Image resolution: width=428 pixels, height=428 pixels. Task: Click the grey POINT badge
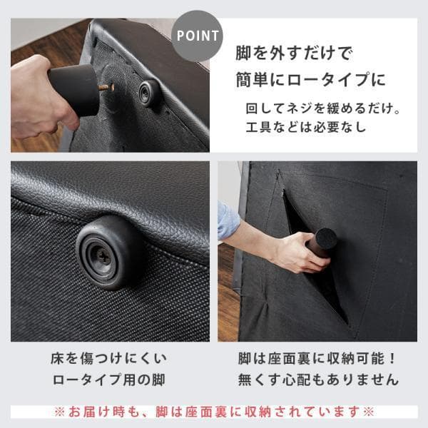point(197,35)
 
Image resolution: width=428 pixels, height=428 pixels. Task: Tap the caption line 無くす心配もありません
point(317,379)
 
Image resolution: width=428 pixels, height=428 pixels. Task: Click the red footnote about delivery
point(214,412)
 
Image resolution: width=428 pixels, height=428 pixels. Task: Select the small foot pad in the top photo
point(148,93)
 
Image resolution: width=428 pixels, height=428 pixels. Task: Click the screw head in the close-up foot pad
point(104,254)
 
